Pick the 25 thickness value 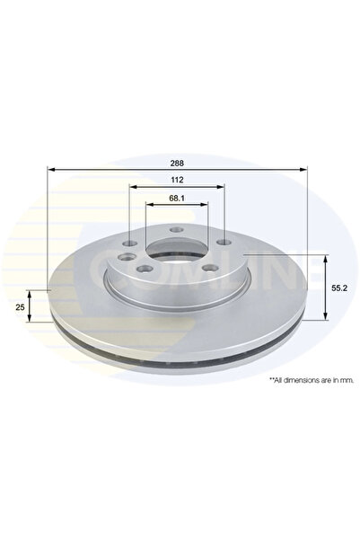tap(19, 306)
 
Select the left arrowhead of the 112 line tap(133, 187)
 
